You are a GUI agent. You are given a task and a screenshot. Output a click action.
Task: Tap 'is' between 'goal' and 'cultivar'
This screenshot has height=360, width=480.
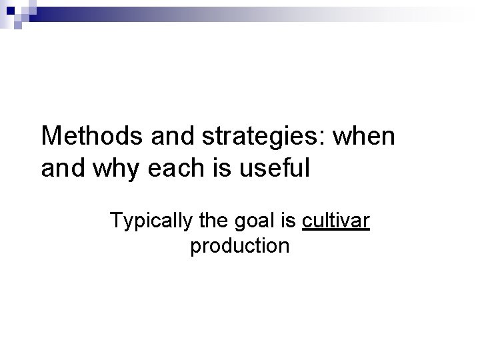(x=290, y=219)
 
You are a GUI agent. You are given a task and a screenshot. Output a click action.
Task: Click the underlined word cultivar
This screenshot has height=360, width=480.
(x=335, y=219)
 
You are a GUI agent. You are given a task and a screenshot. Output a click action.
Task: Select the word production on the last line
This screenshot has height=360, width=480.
(x=239, y=247)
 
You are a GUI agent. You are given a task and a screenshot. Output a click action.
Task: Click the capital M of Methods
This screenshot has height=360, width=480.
(x=50, y=137)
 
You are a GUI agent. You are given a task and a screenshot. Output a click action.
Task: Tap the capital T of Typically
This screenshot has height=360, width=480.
(x=115, y=219)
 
